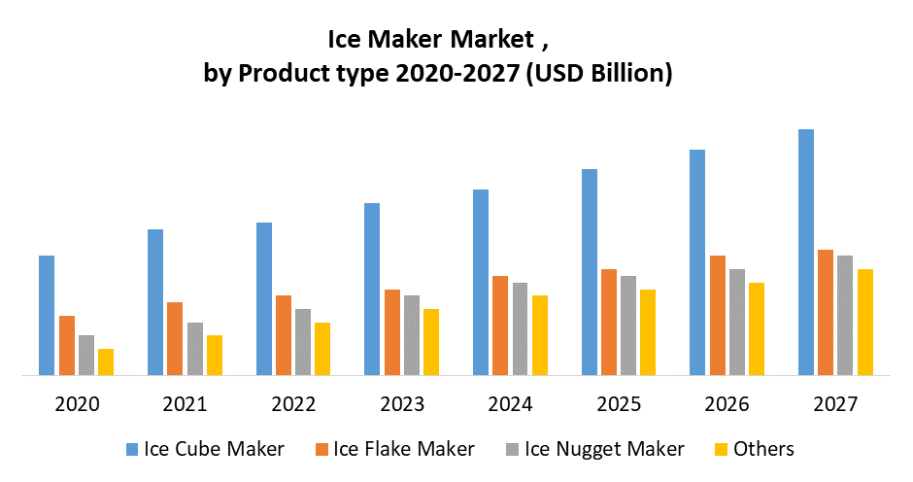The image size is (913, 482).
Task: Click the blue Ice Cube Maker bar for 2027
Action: click(x=805, y=252)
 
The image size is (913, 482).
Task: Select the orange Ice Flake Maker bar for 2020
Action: click(x=67, y=345)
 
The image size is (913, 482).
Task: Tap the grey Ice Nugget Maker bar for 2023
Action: click(x=412, y=334)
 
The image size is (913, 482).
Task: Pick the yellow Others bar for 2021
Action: click(x=215, y=355)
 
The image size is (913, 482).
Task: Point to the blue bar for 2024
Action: click(x=480, y=282)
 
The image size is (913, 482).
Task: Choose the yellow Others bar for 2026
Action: click(x=757, y=328)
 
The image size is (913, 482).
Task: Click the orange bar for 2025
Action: click(x=609, y=322)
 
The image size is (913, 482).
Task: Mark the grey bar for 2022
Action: click(x=303, y=341)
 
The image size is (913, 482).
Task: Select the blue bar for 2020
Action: click(x=47, y=315)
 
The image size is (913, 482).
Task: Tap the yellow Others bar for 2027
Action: click(x=864, y=322)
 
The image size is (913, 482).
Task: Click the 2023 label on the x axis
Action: click(x=402, y=403)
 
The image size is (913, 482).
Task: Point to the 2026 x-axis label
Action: click(x=727, y=403)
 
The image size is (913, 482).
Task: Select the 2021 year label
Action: click(x=185, y=403)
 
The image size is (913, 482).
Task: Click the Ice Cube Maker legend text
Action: click(x=214, y=448)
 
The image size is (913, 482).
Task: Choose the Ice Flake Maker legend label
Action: click(x=404, y=448)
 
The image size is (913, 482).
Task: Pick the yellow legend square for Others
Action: click(x=720, y=449)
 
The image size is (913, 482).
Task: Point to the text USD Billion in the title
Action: click(x=596, y=74)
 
